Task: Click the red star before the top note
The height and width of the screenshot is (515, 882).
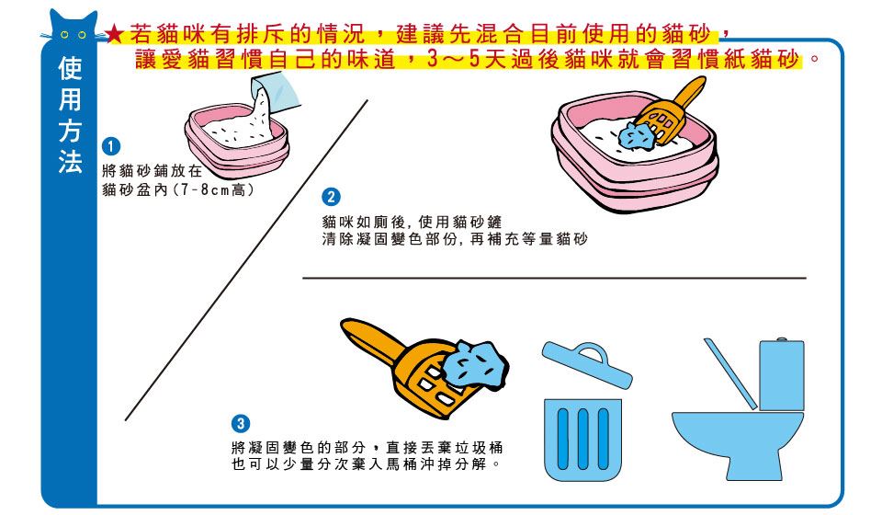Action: coord(114,34)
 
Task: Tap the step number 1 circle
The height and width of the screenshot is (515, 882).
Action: coord(111,146)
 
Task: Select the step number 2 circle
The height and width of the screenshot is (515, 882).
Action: coord(331,197)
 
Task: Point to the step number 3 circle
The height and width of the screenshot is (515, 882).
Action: coord(241,423)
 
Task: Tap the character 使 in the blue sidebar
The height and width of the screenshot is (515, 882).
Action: coord(71,69)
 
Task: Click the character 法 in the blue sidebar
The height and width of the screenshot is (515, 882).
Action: coord(71,161)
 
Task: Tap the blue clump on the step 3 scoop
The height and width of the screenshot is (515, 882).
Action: coord(474,364)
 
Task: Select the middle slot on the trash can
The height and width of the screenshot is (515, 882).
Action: coord(582,439)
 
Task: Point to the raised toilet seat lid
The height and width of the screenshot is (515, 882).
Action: coord(730,373)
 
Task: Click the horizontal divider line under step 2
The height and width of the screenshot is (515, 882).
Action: coord(554,278)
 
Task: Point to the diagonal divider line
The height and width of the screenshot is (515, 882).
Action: coord(246,260)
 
